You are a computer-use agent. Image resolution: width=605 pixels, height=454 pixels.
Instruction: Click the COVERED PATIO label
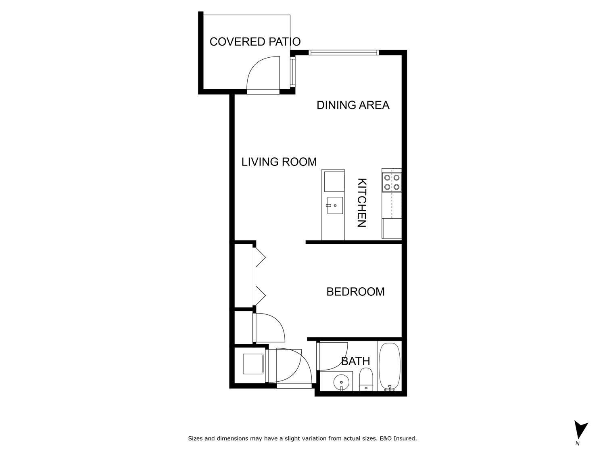coord(255,42)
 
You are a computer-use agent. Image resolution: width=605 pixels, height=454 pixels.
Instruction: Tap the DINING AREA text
coord(353,105)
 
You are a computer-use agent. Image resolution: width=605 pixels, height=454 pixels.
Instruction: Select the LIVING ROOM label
coord(279,162)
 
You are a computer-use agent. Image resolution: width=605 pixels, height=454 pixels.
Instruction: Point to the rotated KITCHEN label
coord(362,203)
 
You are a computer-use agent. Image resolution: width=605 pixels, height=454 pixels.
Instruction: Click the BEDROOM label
coord(355,291)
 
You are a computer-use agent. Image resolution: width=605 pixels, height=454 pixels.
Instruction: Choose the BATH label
coord(355,361)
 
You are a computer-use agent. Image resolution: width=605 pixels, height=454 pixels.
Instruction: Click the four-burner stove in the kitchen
coord(392,182)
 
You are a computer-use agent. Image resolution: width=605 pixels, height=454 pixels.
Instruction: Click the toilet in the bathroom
coord(366,379)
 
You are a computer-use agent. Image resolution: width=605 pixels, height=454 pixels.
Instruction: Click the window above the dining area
coord(344,52)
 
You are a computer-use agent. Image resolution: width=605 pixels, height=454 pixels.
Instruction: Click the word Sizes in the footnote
coord(195,438)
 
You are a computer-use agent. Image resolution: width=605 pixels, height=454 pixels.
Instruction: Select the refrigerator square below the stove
coord(392,229)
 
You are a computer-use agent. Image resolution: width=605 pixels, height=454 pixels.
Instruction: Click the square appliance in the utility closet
coord(252,364)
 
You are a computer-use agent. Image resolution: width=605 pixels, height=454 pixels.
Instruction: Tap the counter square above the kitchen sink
coord(333,181)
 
